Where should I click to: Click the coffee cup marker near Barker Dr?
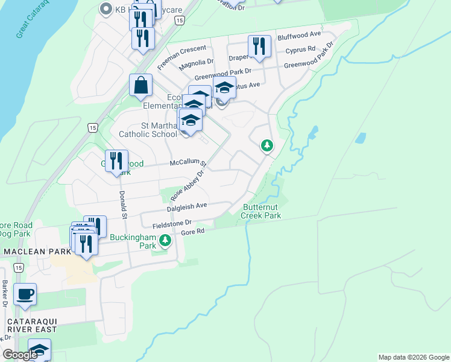(25, 294)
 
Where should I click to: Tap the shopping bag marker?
(140, 86)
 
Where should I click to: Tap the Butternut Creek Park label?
(262, 211)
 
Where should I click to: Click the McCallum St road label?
(188, 163)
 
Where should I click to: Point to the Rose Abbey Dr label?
(188, 185)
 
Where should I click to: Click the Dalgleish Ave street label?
(187, 206)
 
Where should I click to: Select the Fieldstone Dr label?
(171, 223)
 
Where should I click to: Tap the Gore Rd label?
(193, 231)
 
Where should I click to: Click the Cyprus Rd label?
(300, 49)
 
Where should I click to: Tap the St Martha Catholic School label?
(151, 130)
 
